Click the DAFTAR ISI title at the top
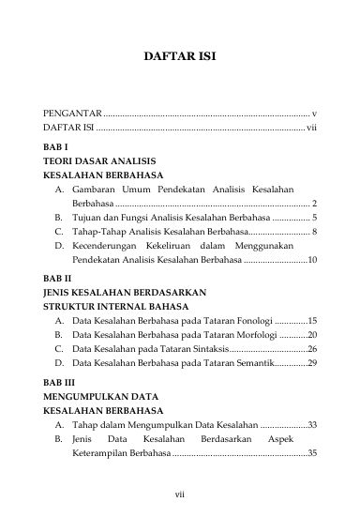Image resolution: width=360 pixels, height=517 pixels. point(179,56)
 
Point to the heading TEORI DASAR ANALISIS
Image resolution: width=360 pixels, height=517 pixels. point(97,161)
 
